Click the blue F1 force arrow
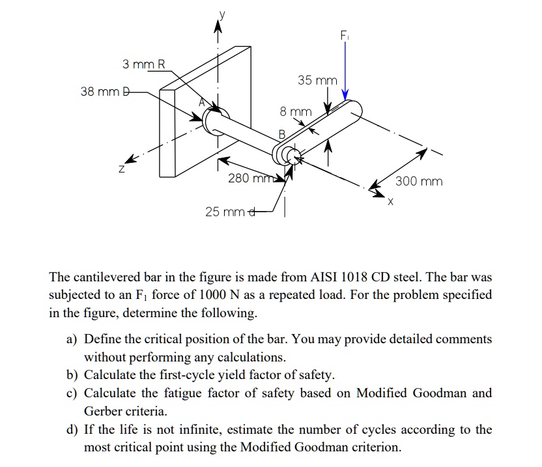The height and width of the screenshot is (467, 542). point(345,65)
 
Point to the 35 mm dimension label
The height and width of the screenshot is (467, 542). point(317,81)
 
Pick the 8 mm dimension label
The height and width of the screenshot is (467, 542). point(296,112)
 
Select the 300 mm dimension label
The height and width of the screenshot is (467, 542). point(419,181)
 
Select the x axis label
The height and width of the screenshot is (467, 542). point(390,203)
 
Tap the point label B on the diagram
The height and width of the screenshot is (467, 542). point(281,135)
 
